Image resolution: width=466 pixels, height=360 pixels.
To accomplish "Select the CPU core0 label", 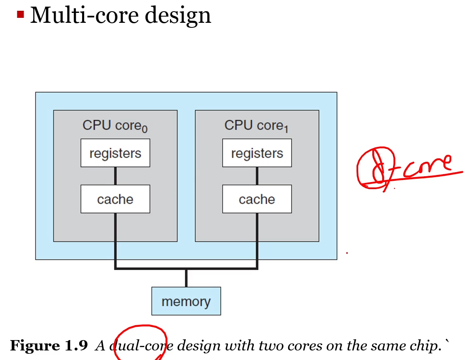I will (115, 126).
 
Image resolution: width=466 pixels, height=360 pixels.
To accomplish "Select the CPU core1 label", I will (256, 126).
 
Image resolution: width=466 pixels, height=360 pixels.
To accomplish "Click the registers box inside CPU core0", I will (115, 153).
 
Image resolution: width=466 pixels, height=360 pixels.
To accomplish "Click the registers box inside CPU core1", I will (257, 153).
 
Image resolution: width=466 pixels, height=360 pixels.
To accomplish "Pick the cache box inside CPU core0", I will (115, 199).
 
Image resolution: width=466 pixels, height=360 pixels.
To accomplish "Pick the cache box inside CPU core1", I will (257, 199).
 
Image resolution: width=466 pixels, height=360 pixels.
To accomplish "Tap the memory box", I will (186, 301).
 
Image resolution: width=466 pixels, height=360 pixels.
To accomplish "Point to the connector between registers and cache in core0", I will (115, 176).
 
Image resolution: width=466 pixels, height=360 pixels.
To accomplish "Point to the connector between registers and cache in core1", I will (257, 176).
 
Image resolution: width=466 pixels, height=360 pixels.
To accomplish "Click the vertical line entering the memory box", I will (186, 278).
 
